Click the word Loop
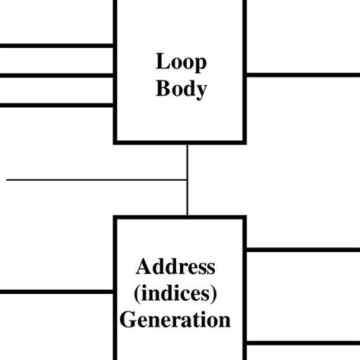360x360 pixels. [181, 62]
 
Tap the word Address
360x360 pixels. [175, 267]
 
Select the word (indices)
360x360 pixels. [175, 292]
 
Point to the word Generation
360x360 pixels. [175, 319]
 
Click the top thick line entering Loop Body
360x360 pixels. [57, 46]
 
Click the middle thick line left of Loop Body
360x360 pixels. [57, 74]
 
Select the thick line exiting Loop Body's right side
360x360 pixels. [302, 74]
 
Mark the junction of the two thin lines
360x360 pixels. [187, 180]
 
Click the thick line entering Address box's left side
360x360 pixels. [57, 292]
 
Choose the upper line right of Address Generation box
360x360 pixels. [302, 249]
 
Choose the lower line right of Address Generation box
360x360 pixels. [302, 344]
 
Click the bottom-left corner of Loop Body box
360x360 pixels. [115, 141]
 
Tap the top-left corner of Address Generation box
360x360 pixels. [115, 218]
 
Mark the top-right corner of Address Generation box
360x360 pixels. [245, 218]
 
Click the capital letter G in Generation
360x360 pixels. [128, 319]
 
